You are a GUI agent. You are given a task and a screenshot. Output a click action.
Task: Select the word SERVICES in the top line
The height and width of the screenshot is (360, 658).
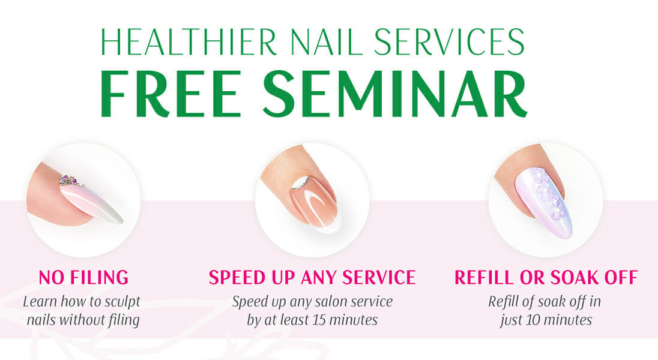[x=450, y=43]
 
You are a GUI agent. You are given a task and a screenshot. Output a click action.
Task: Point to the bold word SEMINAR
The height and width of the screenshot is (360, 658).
[x=395, y=94]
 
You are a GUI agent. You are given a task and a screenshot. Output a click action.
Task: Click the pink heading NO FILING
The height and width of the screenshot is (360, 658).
[x=83, y=278]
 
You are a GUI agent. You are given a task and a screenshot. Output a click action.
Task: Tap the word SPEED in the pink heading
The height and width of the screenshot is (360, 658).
[x=238, y=278]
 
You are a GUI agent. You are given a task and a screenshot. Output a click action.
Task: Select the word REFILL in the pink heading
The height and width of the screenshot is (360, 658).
[x=484, y=278]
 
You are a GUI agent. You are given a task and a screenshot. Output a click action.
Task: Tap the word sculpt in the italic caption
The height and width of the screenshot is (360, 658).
[x=122, y=302]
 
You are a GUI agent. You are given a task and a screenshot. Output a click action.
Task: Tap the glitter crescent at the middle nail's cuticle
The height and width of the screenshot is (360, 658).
[x=301, y=183]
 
